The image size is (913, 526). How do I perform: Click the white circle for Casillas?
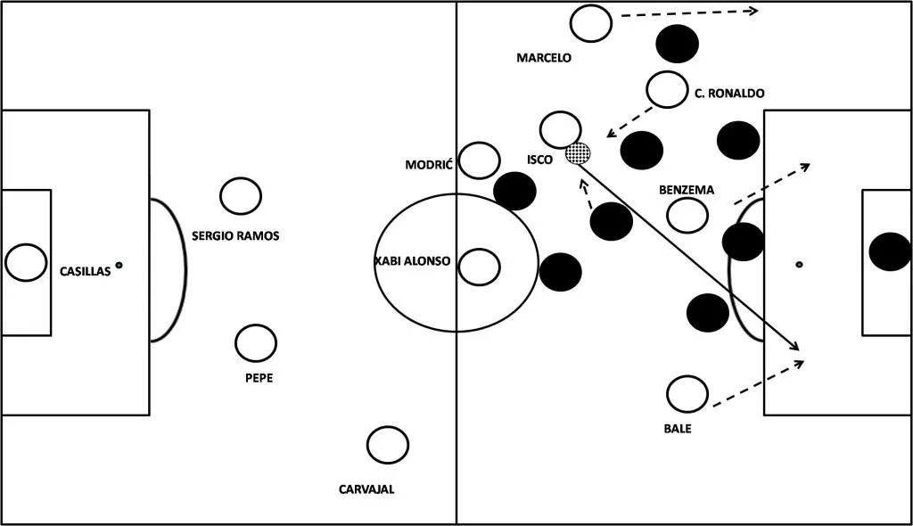click(x=25, y=262)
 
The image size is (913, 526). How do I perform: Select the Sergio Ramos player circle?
click(x=241, y=196)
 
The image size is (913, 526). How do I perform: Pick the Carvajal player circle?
click(x=388, y=444)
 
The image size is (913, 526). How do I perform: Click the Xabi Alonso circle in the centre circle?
click(x=480, y=265)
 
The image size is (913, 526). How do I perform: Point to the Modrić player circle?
click(x=480, y=160)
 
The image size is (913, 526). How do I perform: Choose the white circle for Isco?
click(x=561, y=129)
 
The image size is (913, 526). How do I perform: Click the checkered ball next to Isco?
click(x=579, y=153)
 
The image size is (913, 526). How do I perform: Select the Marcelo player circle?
click(x=591, y=23)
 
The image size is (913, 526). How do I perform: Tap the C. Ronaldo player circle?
click(x=667, y=88)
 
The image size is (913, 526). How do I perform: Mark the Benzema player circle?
click(x=687, y=215)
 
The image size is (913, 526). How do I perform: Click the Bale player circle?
click(x=687, y=394)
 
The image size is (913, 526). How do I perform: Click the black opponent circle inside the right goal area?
click(x=890, y=251)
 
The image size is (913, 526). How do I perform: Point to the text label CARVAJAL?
click(x=366, y=489)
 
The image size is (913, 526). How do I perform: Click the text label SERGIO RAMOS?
click(x=235, y=236)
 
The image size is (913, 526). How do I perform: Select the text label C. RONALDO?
click(x=729, y=93)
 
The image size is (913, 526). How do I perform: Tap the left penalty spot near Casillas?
click(x=119, y=265)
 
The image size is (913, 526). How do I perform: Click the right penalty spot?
click(x=799, y=265)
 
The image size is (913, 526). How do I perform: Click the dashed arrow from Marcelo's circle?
click(x=687, y=12)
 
